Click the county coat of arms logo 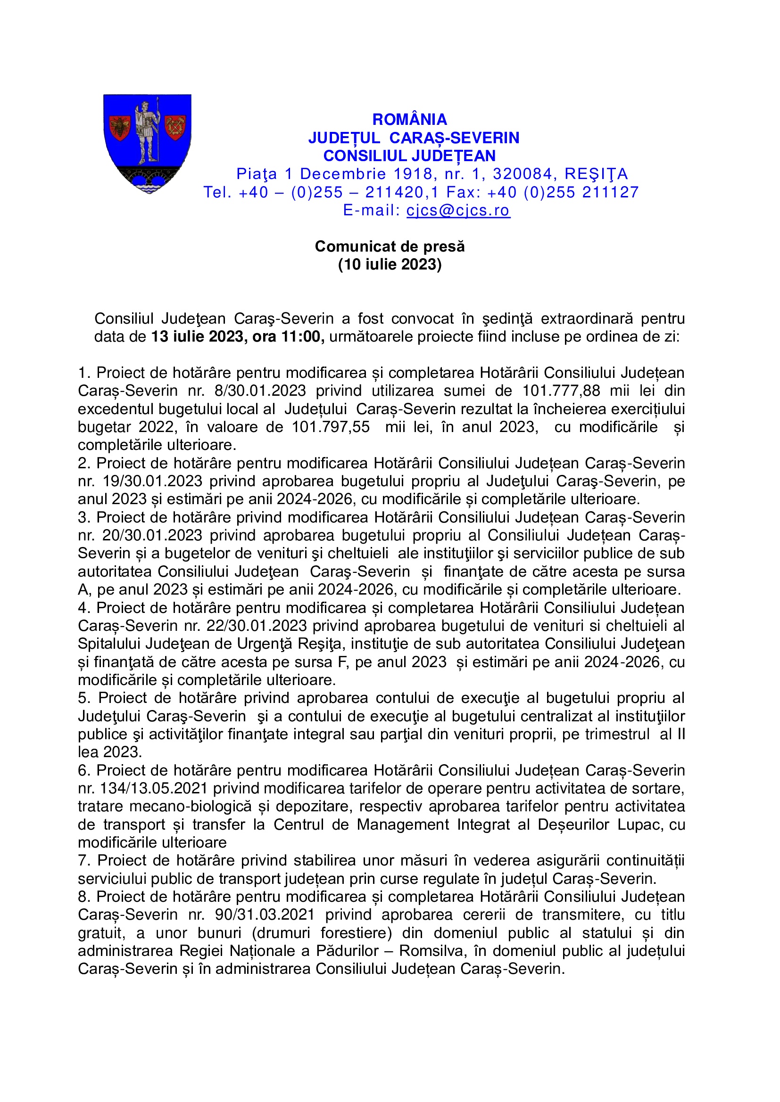[x=148, y=144]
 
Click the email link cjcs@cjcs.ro [x=458, y=210]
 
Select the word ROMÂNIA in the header [x=409, y=120]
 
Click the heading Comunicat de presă [x=390, y=246]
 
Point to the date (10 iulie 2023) [x=390, y=264]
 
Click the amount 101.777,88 [x=561, y=391]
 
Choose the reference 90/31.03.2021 [x=265, y=914]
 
